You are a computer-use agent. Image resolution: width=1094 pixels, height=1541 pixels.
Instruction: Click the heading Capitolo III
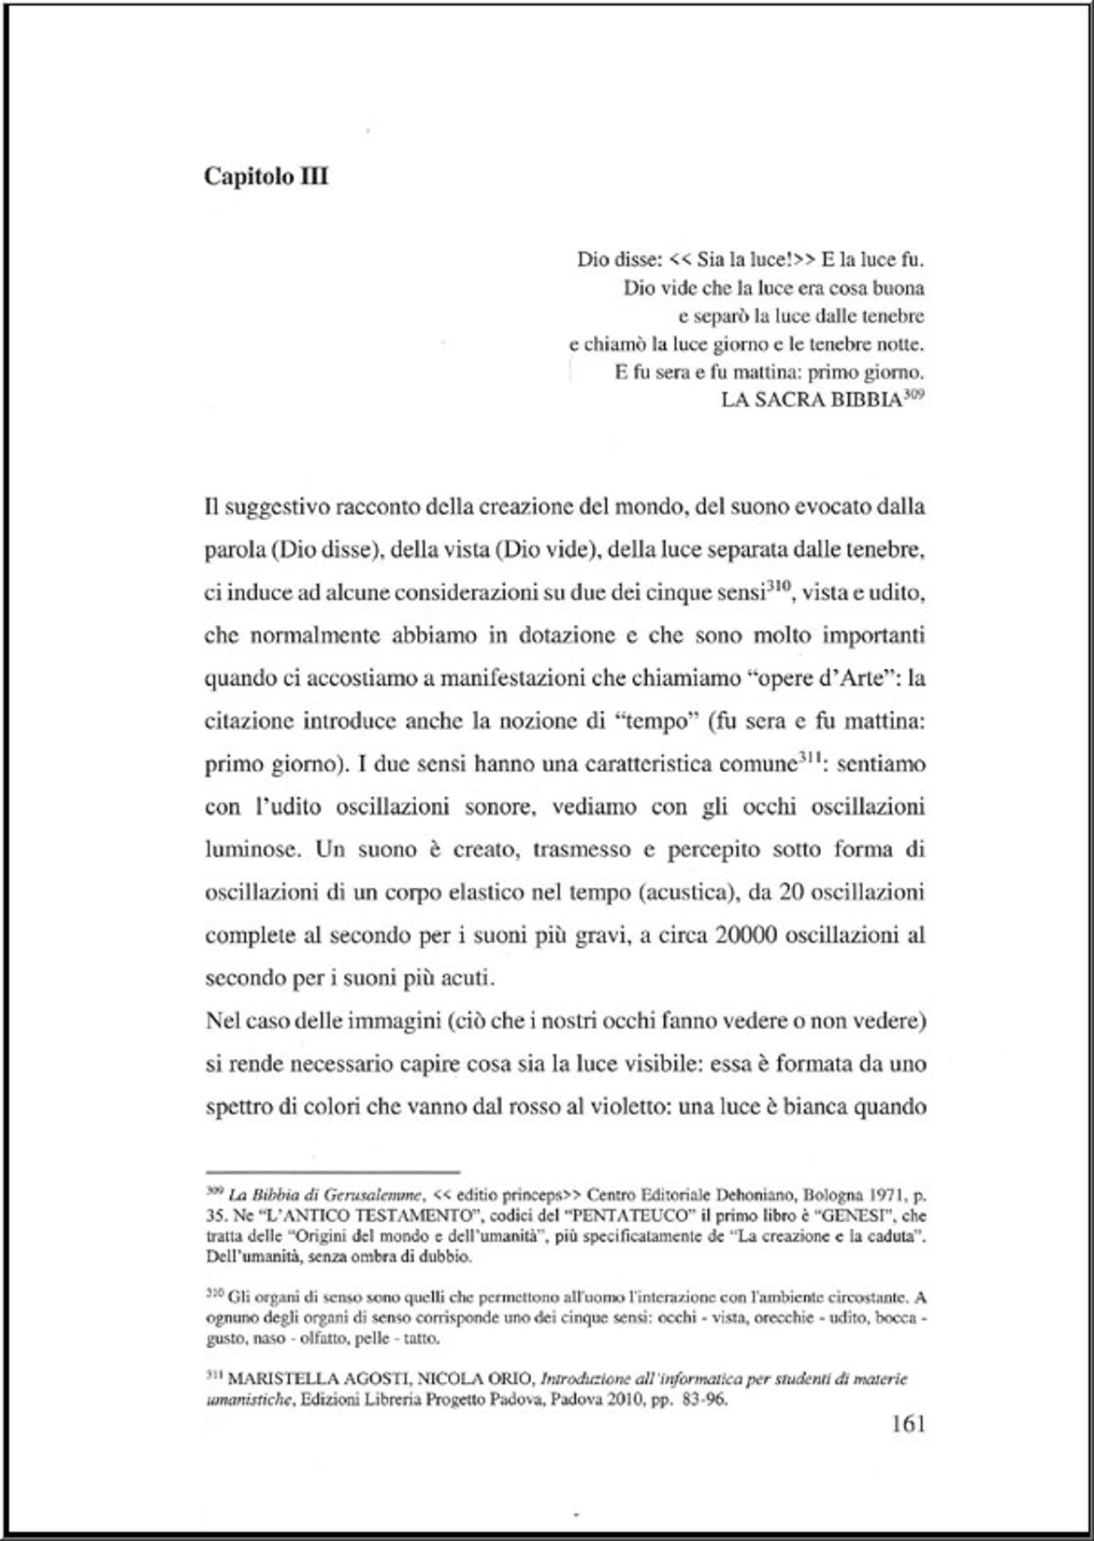coord(266,177)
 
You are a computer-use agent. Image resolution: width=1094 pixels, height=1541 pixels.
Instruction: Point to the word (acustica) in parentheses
coord(684,893)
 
